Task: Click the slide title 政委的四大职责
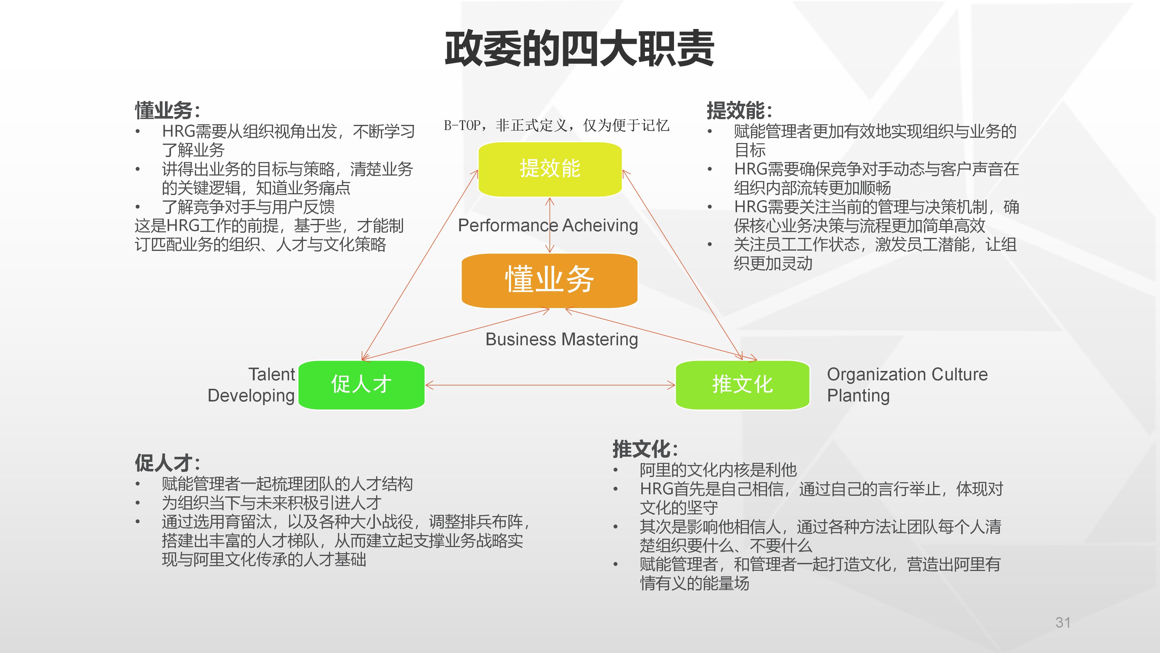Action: coord(579,49)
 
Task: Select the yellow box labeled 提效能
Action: coord(550,169)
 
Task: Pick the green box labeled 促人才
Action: coord(362,385)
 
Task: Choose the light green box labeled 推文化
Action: coord(742,385)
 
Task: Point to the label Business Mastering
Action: coord(562,339)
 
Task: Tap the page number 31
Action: coord(1063,622)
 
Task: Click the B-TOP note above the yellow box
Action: coord(556,125)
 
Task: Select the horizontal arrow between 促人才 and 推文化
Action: coord(549,385)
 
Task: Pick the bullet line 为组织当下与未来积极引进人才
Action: coord(272,502)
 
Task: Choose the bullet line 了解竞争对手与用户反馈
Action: coord(248,207)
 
